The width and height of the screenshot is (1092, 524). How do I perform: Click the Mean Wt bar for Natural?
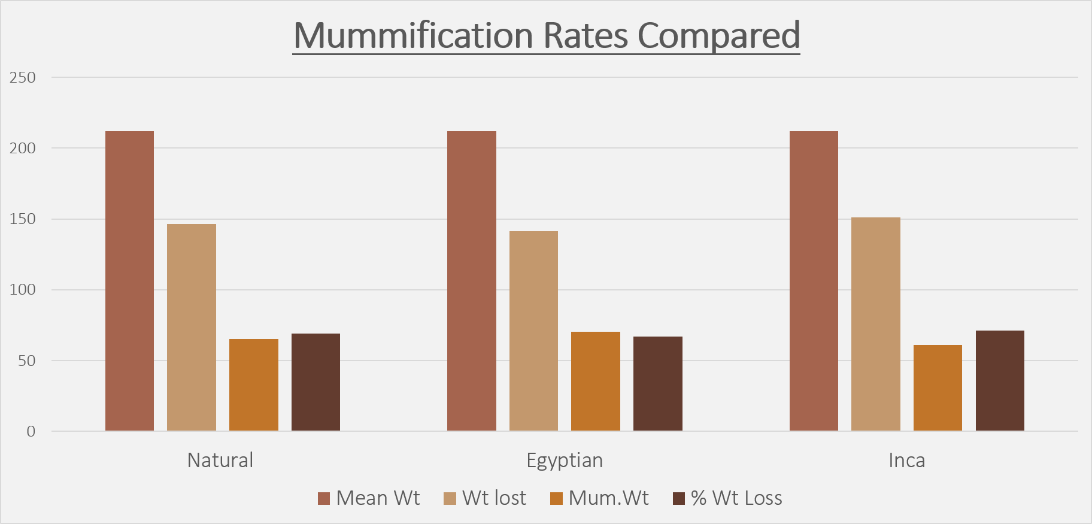pyautogui.click(x=129, y=281)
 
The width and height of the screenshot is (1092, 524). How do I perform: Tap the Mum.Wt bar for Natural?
pyautogui.click(x=254, y=384)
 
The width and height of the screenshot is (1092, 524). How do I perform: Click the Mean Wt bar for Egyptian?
pyautogui.click(x=472, y=281)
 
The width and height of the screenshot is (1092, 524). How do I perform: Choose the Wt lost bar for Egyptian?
pyautogui.click(x=533, y=331)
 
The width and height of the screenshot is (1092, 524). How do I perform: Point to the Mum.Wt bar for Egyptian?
pyautogui.click(x=596, y=381)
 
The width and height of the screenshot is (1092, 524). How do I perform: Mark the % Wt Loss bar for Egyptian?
pyautogui.click(x=658, y=383)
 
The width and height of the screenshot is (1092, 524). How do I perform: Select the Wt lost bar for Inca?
pyautogui.click(x=876, y=324)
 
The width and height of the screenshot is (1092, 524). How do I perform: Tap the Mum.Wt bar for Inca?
pyautogui.click(x=938, y=387)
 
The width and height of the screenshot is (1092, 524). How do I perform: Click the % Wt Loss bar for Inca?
pyautogui.click(x=1000, y=380)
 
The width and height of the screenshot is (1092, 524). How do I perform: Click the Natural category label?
pyautogui.click(x=220, y=460)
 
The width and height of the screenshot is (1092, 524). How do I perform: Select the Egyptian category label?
pyautogui.click(x=565, y=460)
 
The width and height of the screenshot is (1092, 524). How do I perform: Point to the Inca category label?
pyautogui.click(x=907, y=460)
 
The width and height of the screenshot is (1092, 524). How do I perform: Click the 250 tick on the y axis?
pyautogui.click(x=23, y=77)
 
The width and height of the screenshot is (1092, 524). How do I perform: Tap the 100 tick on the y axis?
pyautogui.click(x=23, y=290)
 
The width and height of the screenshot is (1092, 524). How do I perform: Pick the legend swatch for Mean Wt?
pyautogui.click(x=324, y=498)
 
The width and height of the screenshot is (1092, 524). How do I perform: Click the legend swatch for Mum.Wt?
pyautogui.click(x=556, y=498)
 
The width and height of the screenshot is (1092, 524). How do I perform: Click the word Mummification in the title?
pyautogui.click(x=413, y=35)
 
